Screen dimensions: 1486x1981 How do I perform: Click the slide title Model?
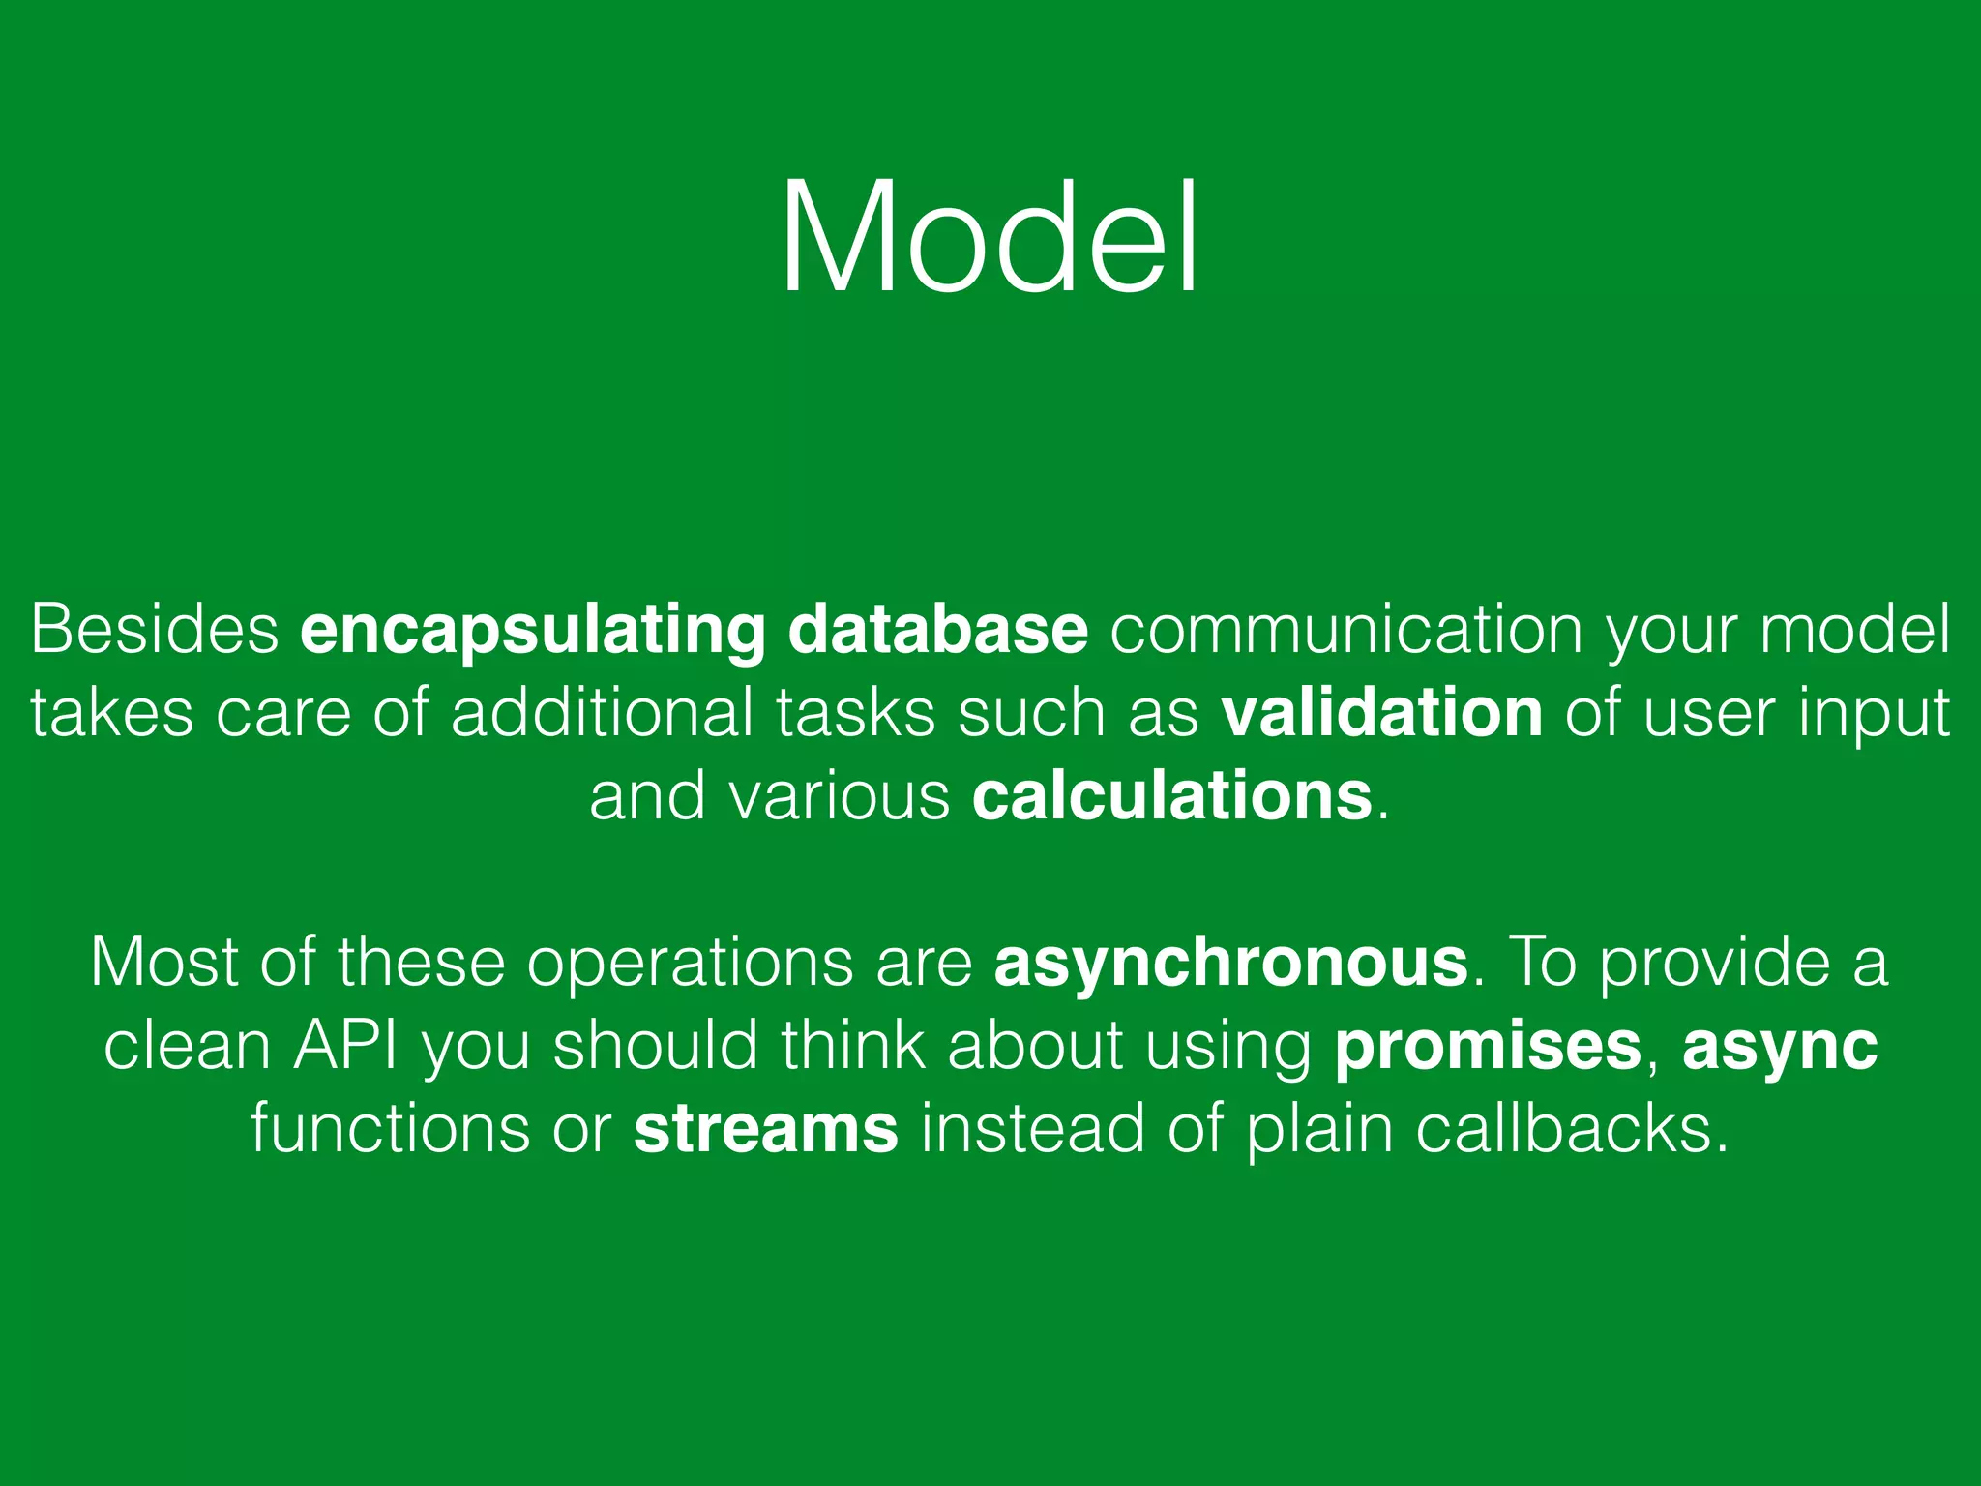[x=990, y=237]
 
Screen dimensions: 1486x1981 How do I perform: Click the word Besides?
[x=155, y=630]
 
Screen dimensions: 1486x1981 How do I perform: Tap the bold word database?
[x=938, y=630]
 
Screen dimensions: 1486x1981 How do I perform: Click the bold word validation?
[x=1382, y=713]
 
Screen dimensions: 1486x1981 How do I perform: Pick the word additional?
[x=602, y=713]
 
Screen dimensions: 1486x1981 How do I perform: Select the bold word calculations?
[x=1172, y=796]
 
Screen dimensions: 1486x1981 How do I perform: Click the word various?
[x=840, y=796]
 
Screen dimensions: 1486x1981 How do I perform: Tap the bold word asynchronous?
[x=1231, y=964]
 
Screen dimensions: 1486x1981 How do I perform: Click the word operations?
[x=690, y=964]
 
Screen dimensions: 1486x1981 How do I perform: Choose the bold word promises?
[x=1488, y=1048]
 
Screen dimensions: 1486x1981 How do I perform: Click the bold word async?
[x=1780, y=1048]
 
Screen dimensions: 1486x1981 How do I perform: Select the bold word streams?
[x=766, y=1129]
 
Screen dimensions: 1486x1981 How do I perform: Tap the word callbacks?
[x=1572, y=1129]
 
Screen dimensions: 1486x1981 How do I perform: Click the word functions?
[x=391, y=1129]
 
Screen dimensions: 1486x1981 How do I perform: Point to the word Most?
[x=163, y=964]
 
